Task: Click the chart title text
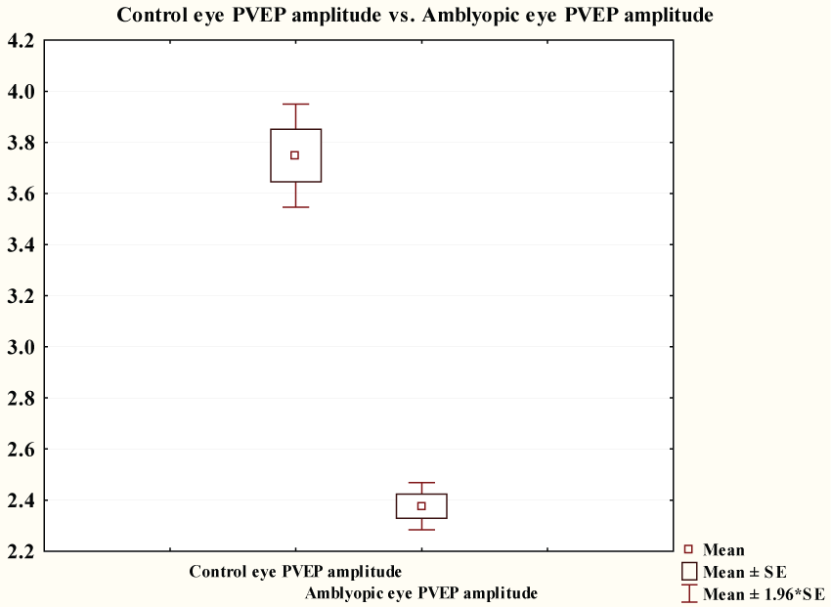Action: tap(415, 16)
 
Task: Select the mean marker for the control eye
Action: tap(294, 155)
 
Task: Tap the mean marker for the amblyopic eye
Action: tap(421, 505)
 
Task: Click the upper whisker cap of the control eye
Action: tap(294, 104)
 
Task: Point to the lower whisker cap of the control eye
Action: tap(294, 207)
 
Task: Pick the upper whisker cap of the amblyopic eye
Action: tap(421, 483)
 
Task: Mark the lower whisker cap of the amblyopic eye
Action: tap(421, 530)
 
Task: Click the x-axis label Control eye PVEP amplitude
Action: tap(295, 571)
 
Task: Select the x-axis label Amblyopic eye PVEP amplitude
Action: tap(421, 592)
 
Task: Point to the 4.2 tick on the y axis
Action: tap(21, 41)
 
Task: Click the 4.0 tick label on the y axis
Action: tap(21, 92)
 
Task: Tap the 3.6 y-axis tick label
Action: tap(21, 195)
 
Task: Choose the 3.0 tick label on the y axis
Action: tap(21, 347)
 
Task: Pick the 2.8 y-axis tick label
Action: tap(21, 399)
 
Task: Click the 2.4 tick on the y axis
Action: tap(21, 500)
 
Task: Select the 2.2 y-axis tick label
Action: tap(21, 552)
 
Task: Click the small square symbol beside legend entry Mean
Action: tap(688, 550)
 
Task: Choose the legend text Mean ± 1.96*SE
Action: tap(764, 593)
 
